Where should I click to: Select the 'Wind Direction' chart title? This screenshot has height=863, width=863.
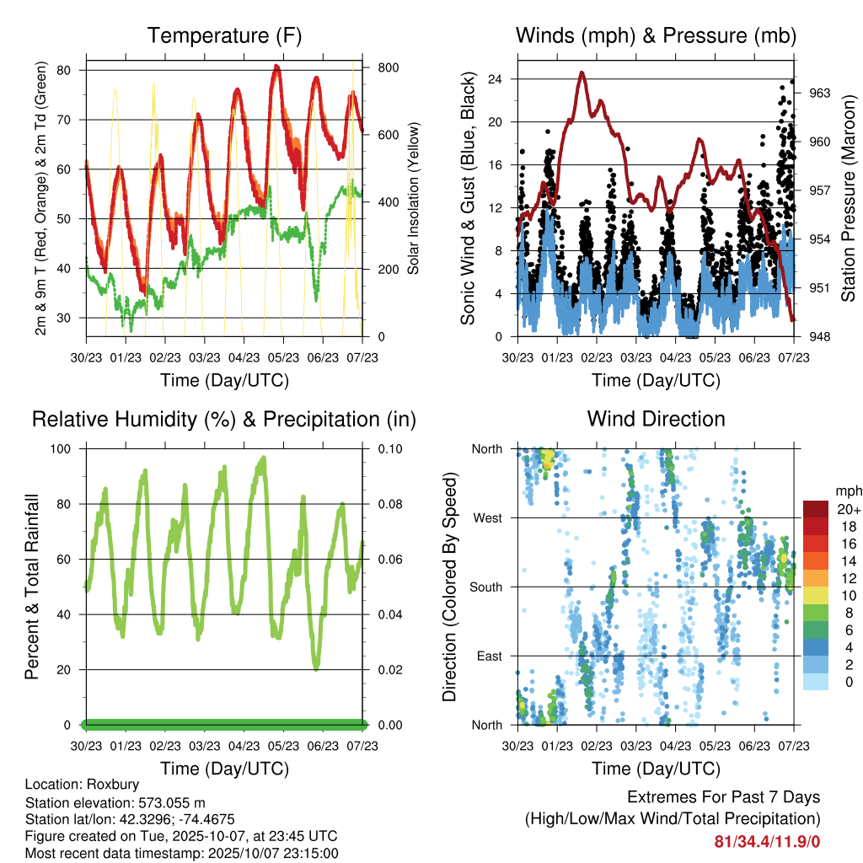pyautogui.click(x=656, y=419)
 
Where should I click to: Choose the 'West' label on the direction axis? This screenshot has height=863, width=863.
pyautogui.click(x=487, y=517)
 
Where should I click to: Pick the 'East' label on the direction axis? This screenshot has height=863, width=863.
pyautogui.click(x=489, y=656)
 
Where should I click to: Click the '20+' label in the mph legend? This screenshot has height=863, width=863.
pyautogui.click(x=845, y=508)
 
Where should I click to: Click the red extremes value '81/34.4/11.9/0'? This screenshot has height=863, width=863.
pyautogui.click(x=766, y=841)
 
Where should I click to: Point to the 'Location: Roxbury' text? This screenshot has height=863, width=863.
pyautogui.click(x=82, y=785)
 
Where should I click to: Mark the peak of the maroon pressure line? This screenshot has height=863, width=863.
pyautogui.click(x=582, y=73)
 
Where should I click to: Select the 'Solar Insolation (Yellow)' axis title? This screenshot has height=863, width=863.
pyautogui.click(x=414, y=199)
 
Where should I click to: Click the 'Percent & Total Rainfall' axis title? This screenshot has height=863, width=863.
pyautogui.click(x=32, y=587)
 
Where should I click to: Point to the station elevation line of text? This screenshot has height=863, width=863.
pyautogui.click(x=115, y=802)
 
